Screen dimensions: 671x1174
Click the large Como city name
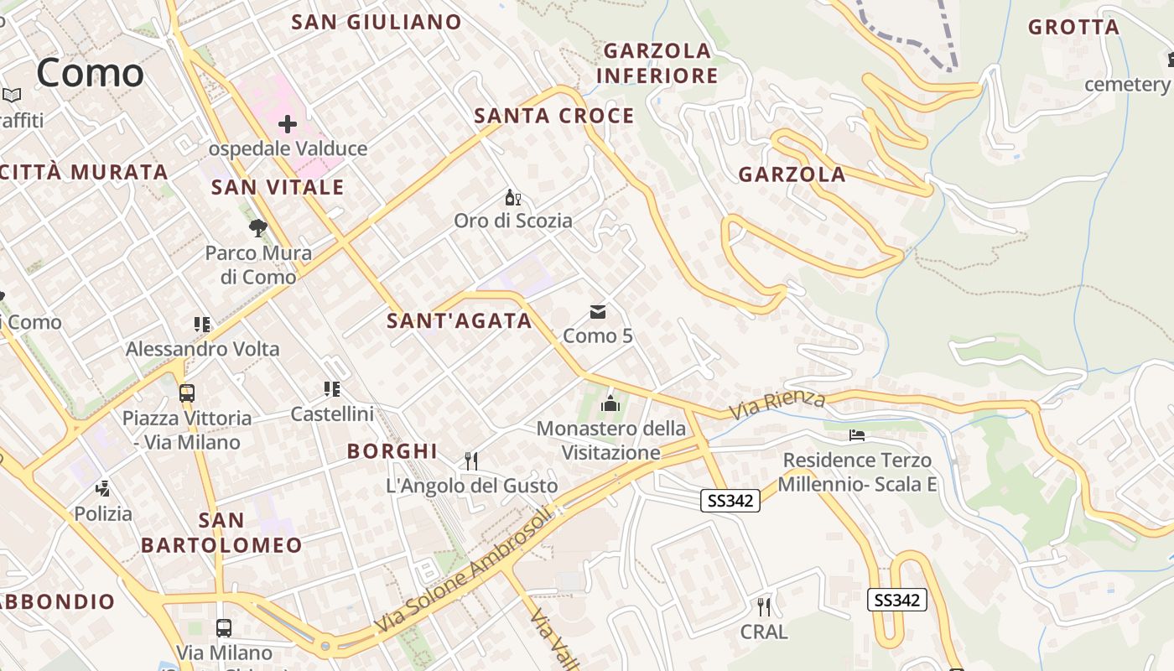(90, 73)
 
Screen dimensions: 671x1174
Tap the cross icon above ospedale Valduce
(288, 125)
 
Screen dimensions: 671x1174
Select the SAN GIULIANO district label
(377, 23)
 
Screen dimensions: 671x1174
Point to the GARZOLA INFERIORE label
(657, 63)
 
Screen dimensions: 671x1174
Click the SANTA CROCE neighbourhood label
(554, 116)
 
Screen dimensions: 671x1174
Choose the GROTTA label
(1074, 27)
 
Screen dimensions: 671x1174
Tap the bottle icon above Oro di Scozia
(512, 198)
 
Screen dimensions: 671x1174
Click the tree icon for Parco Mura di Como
(257, 227)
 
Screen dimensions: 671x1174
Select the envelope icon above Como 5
(597, 312)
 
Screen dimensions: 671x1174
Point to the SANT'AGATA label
(460, 320)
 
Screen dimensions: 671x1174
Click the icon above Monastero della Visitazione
(610, 404)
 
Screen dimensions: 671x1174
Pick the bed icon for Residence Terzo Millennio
(856, 435)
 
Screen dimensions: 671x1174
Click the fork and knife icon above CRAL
(763, 606)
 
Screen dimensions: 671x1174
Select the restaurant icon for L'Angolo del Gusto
(471, 460)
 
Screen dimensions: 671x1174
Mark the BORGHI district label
(392, 451)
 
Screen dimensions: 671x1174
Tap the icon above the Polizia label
(103, 488)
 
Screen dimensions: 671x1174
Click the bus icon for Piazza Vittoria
(187, 393)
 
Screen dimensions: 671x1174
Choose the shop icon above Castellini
(332, 389)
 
